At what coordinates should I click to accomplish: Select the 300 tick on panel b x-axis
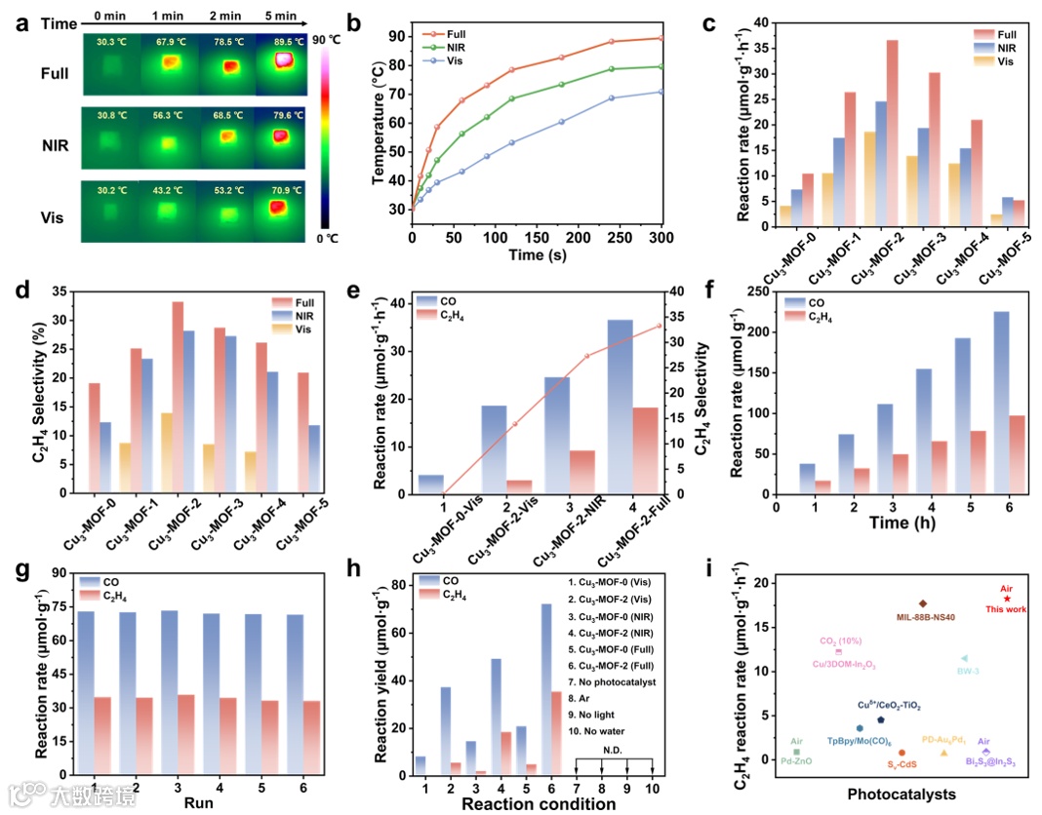point(661,240)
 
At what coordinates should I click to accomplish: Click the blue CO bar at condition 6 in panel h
point(547,689)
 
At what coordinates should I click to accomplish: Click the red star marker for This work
point(1007,599)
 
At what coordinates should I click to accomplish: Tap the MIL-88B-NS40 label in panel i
point(922,617)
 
